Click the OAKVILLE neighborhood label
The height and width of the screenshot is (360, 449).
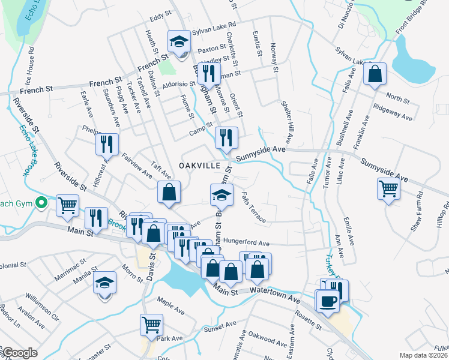(x=196, y=165)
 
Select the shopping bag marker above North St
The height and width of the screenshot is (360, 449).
(x=375, y=74)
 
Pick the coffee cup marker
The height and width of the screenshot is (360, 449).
(x=328, y=301)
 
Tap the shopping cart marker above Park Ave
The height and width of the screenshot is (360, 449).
(x=151, y=325)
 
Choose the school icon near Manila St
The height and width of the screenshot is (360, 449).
(x=105, y=281)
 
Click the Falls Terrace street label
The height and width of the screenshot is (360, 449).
(x=253, y=208)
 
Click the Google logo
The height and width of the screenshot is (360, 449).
(x=19, y=353)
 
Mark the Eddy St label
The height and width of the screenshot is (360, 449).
(x=157, y=18)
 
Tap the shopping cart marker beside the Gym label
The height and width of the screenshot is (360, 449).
(x=67, y=205)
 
